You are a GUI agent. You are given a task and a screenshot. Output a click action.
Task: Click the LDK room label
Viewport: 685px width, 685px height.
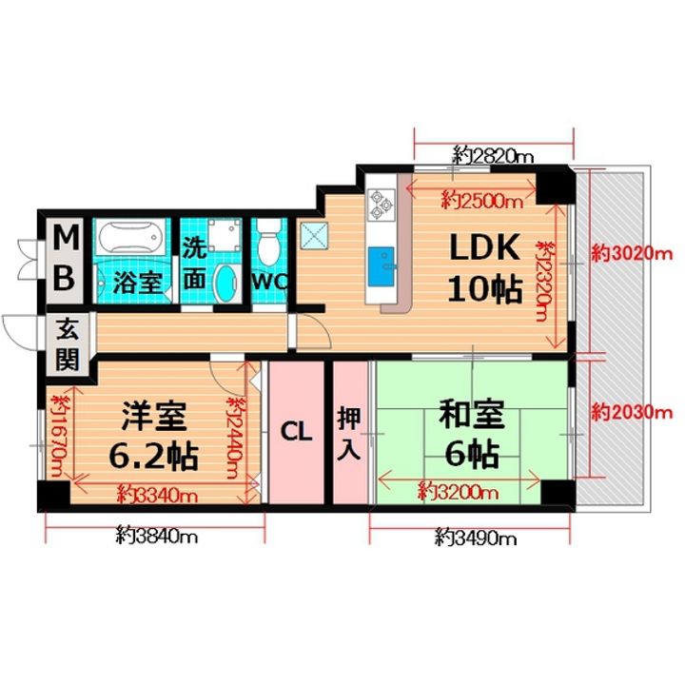[484, 249]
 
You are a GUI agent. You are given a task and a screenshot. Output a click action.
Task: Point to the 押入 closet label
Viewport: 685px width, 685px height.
[348, 433]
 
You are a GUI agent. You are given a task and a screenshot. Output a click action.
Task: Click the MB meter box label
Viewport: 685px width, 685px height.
[65, 257]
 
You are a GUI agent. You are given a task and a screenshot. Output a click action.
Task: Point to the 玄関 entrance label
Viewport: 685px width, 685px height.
[67, 344]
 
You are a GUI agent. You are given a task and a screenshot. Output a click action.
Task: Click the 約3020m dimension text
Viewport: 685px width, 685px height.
[631, 254]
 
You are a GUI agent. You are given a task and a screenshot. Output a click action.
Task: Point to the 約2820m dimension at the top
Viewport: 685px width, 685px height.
[493, 153]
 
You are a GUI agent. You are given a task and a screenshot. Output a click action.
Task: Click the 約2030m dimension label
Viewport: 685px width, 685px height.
[631, 413]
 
